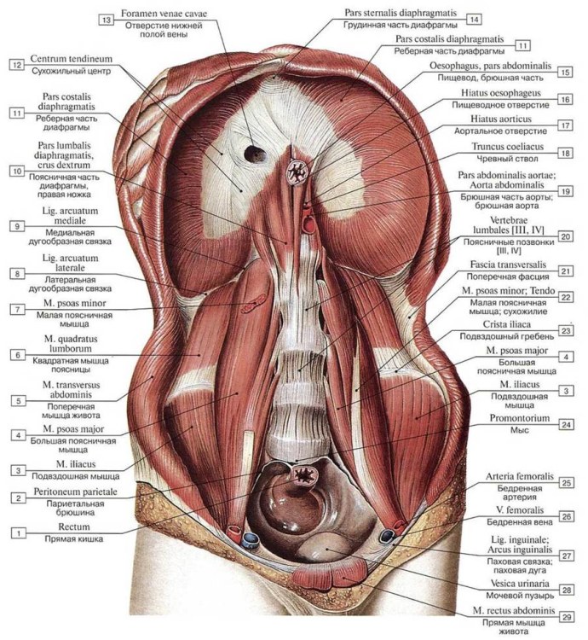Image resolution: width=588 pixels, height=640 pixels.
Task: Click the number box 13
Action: pyautogui.click(x=107, y=20)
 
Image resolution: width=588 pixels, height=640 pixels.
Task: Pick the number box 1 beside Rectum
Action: pyautogui.click(x=16, y=532)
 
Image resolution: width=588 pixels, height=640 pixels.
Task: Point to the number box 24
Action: pyautogui.click(x=566, y=423)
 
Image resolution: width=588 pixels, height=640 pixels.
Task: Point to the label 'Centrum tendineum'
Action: pyautogui.click(x=72, y=59)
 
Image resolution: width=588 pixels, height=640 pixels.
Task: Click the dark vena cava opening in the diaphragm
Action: pyautogui.click(x=254, y=154)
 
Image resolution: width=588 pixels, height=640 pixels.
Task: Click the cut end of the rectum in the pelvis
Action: pyautogui.click(x=303, y=473)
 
